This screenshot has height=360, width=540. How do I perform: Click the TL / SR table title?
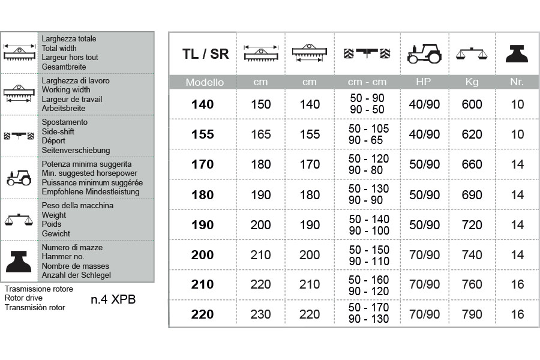point(205,53)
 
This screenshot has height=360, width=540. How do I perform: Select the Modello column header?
point(205,82)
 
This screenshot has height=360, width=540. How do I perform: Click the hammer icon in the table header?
point(517,53)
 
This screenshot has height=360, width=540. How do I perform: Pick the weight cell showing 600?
point(472,104)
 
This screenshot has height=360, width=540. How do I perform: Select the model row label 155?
point(203,134)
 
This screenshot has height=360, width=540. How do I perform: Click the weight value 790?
point(472,314)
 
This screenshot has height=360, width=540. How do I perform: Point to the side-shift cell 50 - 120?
point(368,158)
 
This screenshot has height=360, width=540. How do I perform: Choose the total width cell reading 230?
point(260,314)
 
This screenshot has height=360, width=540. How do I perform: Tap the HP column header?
point(424,82)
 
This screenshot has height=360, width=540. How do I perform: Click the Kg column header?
point(472,82)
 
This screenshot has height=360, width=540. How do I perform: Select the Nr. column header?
point(517,82)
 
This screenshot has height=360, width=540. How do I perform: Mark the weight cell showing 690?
point(472,194)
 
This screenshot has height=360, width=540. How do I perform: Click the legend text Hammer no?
point(63,256)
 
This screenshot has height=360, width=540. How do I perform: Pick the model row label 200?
point(203,255)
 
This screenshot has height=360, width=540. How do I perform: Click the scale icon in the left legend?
point(19,220)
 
